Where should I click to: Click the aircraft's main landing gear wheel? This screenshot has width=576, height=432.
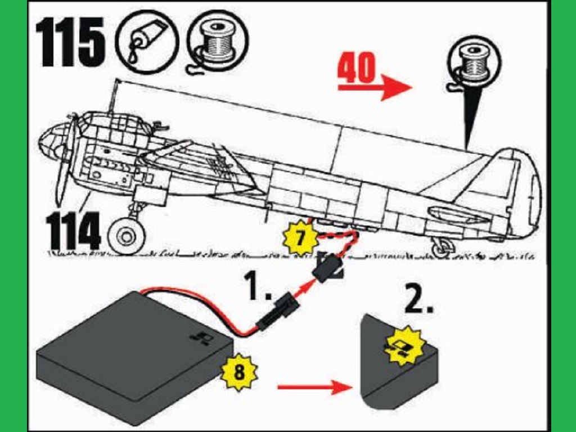point(125,236)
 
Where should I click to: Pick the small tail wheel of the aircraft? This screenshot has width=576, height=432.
point(441,250)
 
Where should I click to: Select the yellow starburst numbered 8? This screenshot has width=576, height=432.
point(240,372)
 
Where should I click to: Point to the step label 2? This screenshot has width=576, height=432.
point(419,301)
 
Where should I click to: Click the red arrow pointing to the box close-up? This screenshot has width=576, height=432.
point(312,386)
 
